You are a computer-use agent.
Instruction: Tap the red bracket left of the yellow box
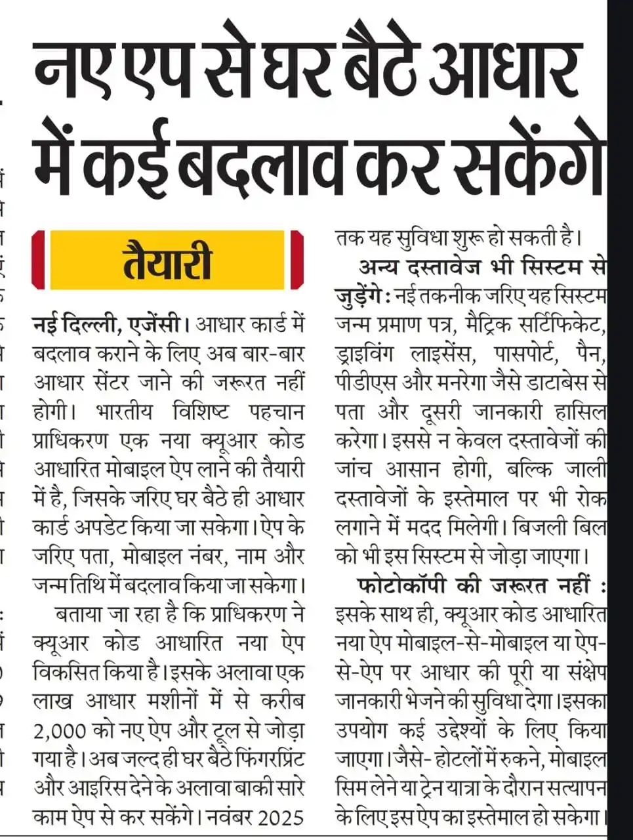pyautogui.click(x=38, y=260)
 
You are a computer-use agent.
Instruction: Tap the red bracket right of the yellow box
pyautogui.click(x=296, y=260)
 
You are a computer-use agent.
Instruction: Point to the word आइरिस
pyautogui.click(x=108, y=788)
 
